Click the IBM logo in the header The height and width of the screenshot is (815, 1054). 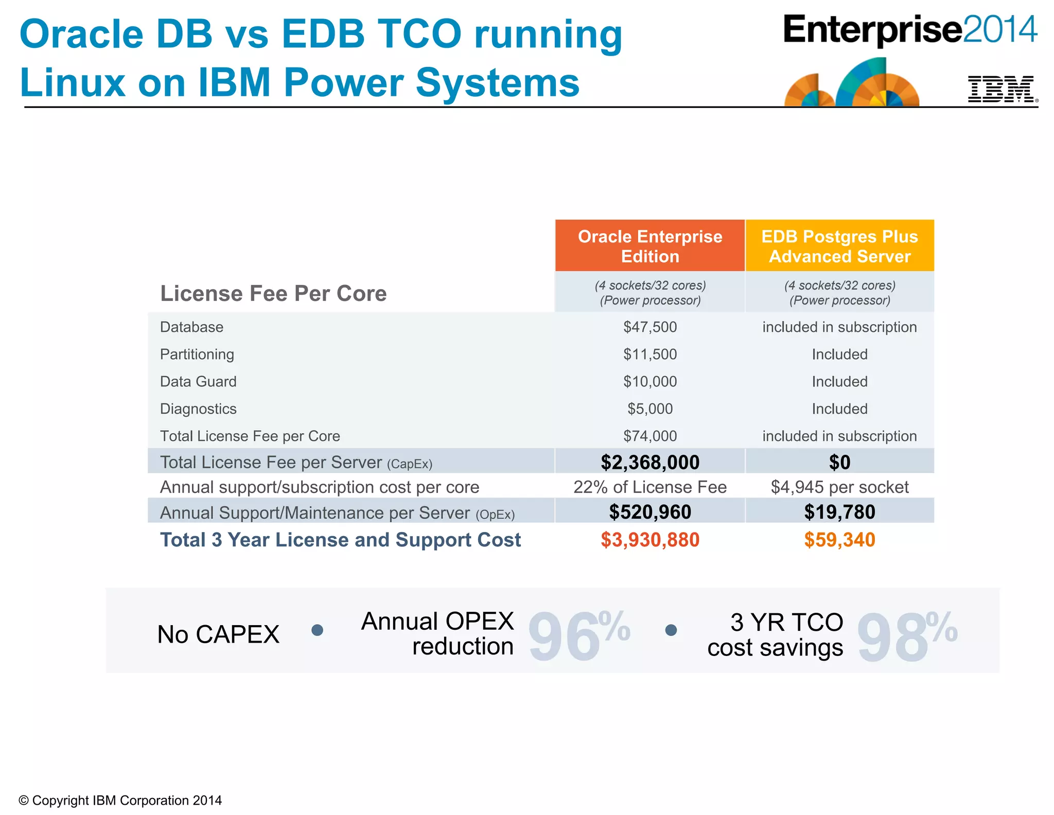point(1001,89)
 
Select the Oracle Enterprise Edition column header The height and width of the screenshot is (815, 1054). point(650,246)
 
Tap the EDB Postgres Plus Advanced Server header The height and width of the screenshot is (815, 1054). point(839,246)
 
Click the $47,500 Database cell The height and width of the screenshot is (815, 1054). point(650,327)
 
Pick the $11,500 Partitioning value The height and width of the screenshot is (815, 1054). point(650,355)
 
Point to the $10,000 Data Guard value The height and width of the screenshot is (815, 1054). point(650,382)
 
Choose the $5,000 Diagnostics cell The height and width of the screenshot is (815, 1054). point(650,409)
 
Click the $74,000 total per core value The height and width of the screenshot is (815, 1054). point(650,436)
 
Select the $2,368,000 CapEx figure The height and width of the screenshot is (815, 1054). point(650,462)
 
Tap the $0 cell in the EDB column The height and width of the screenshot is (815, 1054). point(839,462)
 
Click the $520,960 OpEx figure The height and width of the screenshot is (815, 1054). point(650,512)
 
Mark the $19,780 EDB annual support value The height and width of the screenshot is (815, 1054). point(839,512)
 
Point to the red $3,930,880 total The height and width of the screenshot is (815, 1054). point(650,540)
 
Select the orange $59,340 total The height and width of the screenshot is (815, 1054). point(839,540)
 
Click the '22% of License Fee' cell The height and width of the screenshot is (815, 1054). point(650,487)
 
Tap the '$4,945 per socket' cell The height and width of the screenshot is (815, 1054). point(839,487)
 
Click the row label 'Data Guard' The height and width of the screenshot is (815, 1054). point(198,382)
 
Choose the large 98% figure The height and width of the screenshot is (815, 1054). point(906,635)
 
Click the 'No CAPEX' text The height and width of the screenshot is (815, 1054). point(218,634)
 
